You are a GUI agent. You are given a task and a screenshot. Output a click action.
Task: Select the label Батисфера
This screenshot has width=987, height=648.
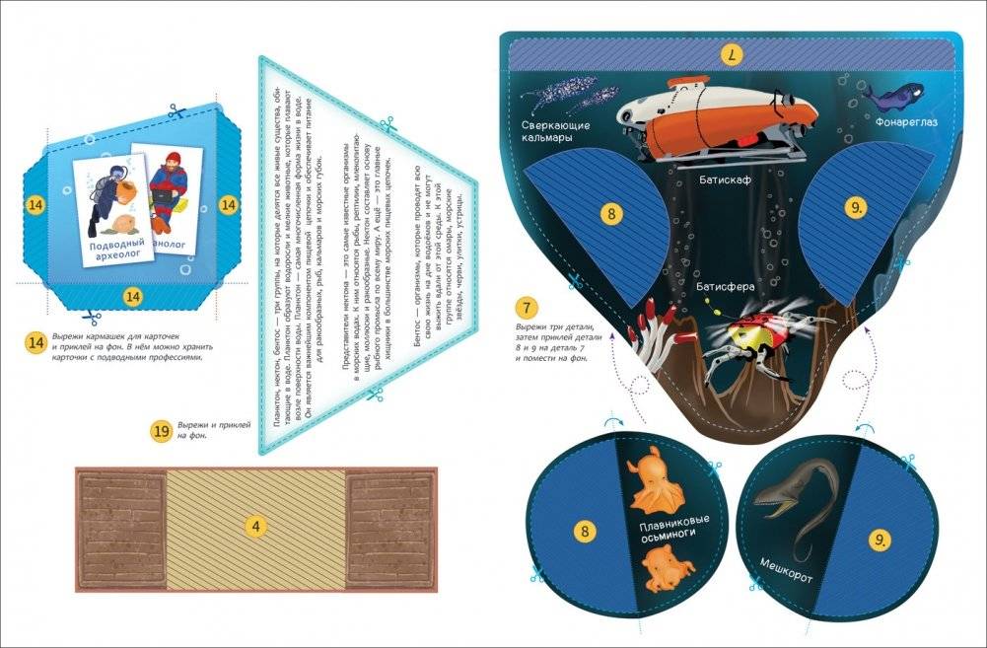(727, 288)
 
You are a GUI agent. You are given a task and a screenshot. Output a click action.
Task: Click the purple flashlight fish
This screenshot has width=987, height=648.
(885, 94)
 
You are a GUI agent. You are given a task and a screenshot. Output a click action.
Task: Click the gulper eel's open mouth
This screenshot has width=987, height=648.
(772, 503)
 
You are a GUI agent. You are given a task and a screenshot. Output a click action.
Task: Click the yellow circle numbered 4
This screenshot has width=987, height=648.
(256, 527)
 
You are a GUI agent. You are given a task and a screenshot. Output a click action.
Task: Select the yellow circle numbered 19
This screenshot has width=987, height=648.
(163, 431)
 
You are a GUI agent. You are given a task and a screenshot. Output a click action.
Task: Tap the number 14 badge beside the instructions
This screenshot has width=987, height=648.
(36, 342)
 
